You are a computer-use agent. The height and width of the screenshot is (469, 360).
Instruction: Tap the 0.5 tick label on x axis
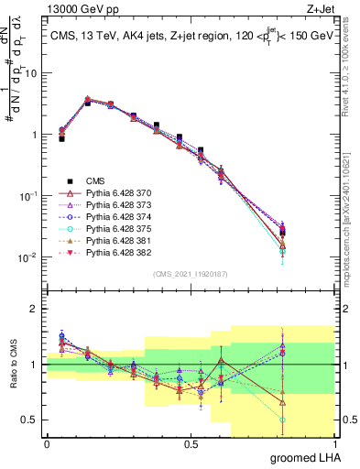tap(191, 442)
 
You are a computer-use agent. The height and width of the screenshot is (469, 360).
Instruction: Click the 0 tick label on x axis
tap(47, 442)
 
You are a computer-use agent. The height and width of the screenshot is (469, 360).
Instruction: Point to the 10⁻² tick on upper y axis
tap(29, 257)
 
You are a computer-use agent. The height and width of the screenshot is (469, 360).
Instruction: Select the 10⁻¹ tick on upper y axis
tap(29, 196)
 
